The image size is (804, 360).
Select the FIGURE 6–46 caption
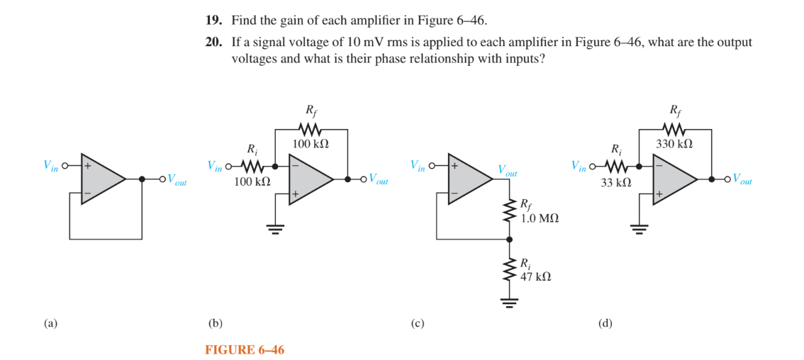[245, 349]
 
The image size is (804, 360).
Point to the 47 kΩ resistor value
[536, 276]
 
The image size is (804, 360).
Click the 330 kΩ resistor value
[674, 144]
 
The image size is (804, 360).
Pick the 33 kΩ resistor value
[616, 181]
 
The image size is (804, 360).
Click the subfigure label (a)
[50, 323]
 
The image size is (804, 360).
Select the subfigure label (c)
[418, 323]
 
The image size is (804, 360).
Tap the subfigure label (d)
[605, 323]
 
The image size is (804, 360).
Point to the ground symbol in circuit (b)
[274, 228]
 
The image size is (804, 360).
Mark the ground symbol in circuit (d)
[640, 228]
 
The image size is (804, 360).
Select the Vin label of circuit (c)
[418, 165]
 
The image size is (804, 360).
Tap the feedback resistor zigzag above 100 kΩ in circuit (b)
[311, 130]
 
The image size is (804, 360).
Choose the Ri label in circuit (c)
[525, 264]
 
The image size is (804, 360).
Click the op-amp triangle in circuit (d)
[674, 179]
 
